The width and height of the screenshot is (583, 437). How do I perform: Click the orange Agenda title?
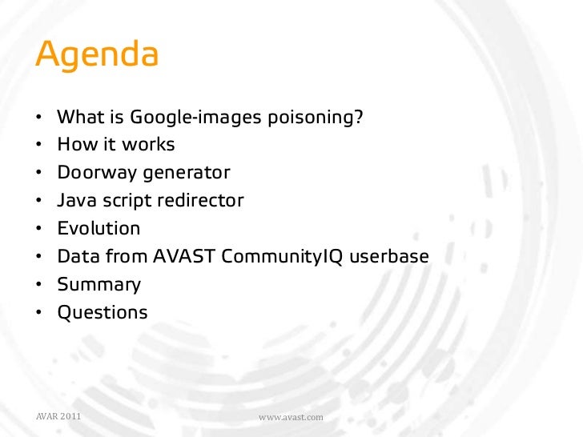click(97, 55)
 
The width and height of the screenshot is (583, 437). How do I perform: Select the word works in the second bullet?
click(150, 145)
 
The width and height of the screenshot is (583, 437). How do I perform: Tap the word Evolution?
click(99, 228)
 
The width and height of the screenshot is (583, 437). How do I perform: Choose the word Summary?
click(99, 284)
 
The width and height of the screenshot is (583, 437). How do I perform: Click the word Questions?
click(103, 312)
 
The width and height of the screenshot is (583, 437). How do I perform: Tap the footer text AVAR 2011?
click(58, 417)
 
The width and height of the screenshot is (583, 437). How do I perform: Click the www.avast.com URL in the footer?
click(291, 418)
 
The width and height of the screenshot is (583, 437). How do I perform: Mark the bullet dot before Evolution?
click(39, 229)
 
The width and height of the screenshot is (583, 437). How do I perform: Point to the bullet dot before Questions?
click(39, 313)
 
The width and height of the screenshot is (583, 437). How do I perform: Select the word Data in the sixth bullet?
click(77, 257)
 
